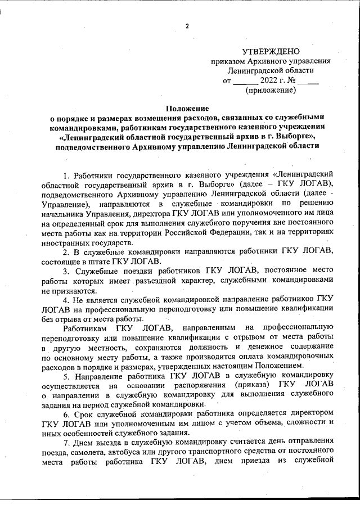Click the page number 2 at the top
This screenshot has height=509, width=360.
pos(188,26)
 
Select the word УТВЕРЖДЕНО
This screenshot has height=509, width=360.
pos(270,51)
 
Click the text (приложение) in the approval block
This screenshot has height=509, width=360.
pos(270,90)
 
